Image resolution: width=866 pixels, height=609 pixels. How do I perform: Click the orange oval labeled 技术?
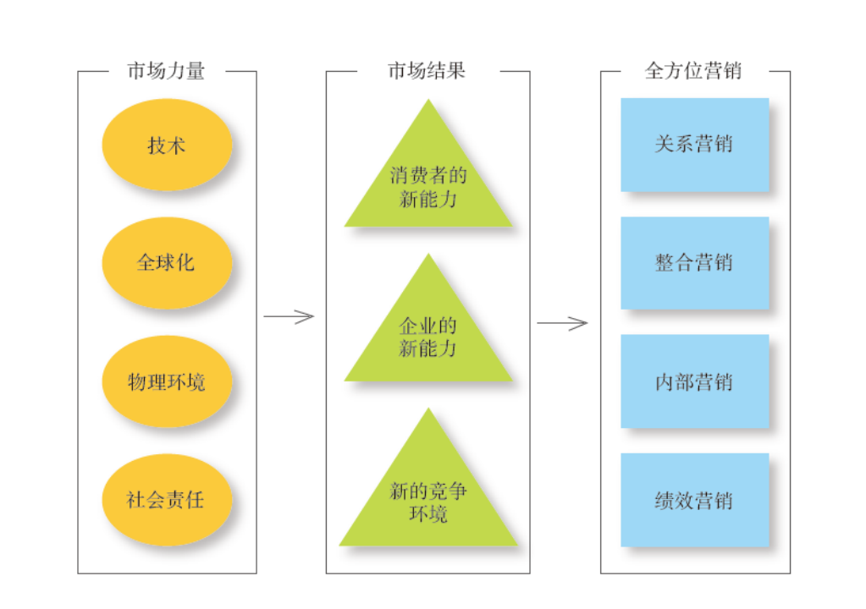click(166, 145)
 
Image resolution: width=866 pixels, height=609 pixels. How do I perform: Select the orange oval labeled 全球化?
click(166, 263)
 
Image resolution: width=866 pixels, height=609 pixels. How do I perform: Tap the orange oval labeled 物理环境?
click(166, 382)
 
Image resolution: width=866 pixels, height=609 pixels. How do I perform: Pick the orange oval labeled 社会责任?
click(166, 500)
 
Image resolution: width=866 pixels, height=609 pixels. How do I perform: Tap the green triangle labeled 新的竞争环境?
click(428, 499)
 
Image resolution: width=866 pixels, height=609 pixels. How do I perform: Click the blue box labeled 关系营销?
click(694, 145)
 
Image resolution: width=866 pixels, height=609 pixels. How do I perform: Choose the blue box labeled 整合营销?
click(694, 263)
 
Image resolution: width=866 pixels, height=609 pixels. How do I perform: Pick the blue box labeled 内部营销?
click(694, 381)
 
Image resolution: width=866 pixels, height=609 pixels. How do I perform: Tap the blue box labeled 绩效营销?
click(694, 500)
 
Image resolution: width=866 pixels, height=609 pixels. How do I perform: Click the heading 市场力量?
click(166, 71)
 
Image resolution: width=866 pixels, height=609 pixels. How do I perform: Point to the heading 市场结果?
click(427, 71)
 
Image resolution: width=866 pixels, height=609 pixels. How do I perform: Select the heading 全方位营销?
click(693, 71)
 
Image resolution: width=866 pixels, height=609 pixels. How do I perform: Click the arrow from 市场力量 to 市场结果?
click(289, 317)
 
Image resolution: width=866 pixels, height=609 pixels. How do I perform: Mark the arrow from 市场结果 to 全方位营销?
click(562, 323)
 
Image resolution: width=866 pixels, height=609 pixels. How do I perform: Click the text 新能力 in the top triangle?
click(428, 200)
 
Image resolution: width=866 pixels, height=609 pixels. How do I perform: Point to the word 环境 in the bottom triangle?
click(428, 513)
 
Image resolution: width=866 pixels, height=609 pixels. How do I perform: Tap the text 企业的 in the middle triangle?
click(428, 326)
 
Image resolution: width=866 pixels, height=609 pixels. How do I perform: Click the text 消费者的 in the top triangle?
click(428, 177)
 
